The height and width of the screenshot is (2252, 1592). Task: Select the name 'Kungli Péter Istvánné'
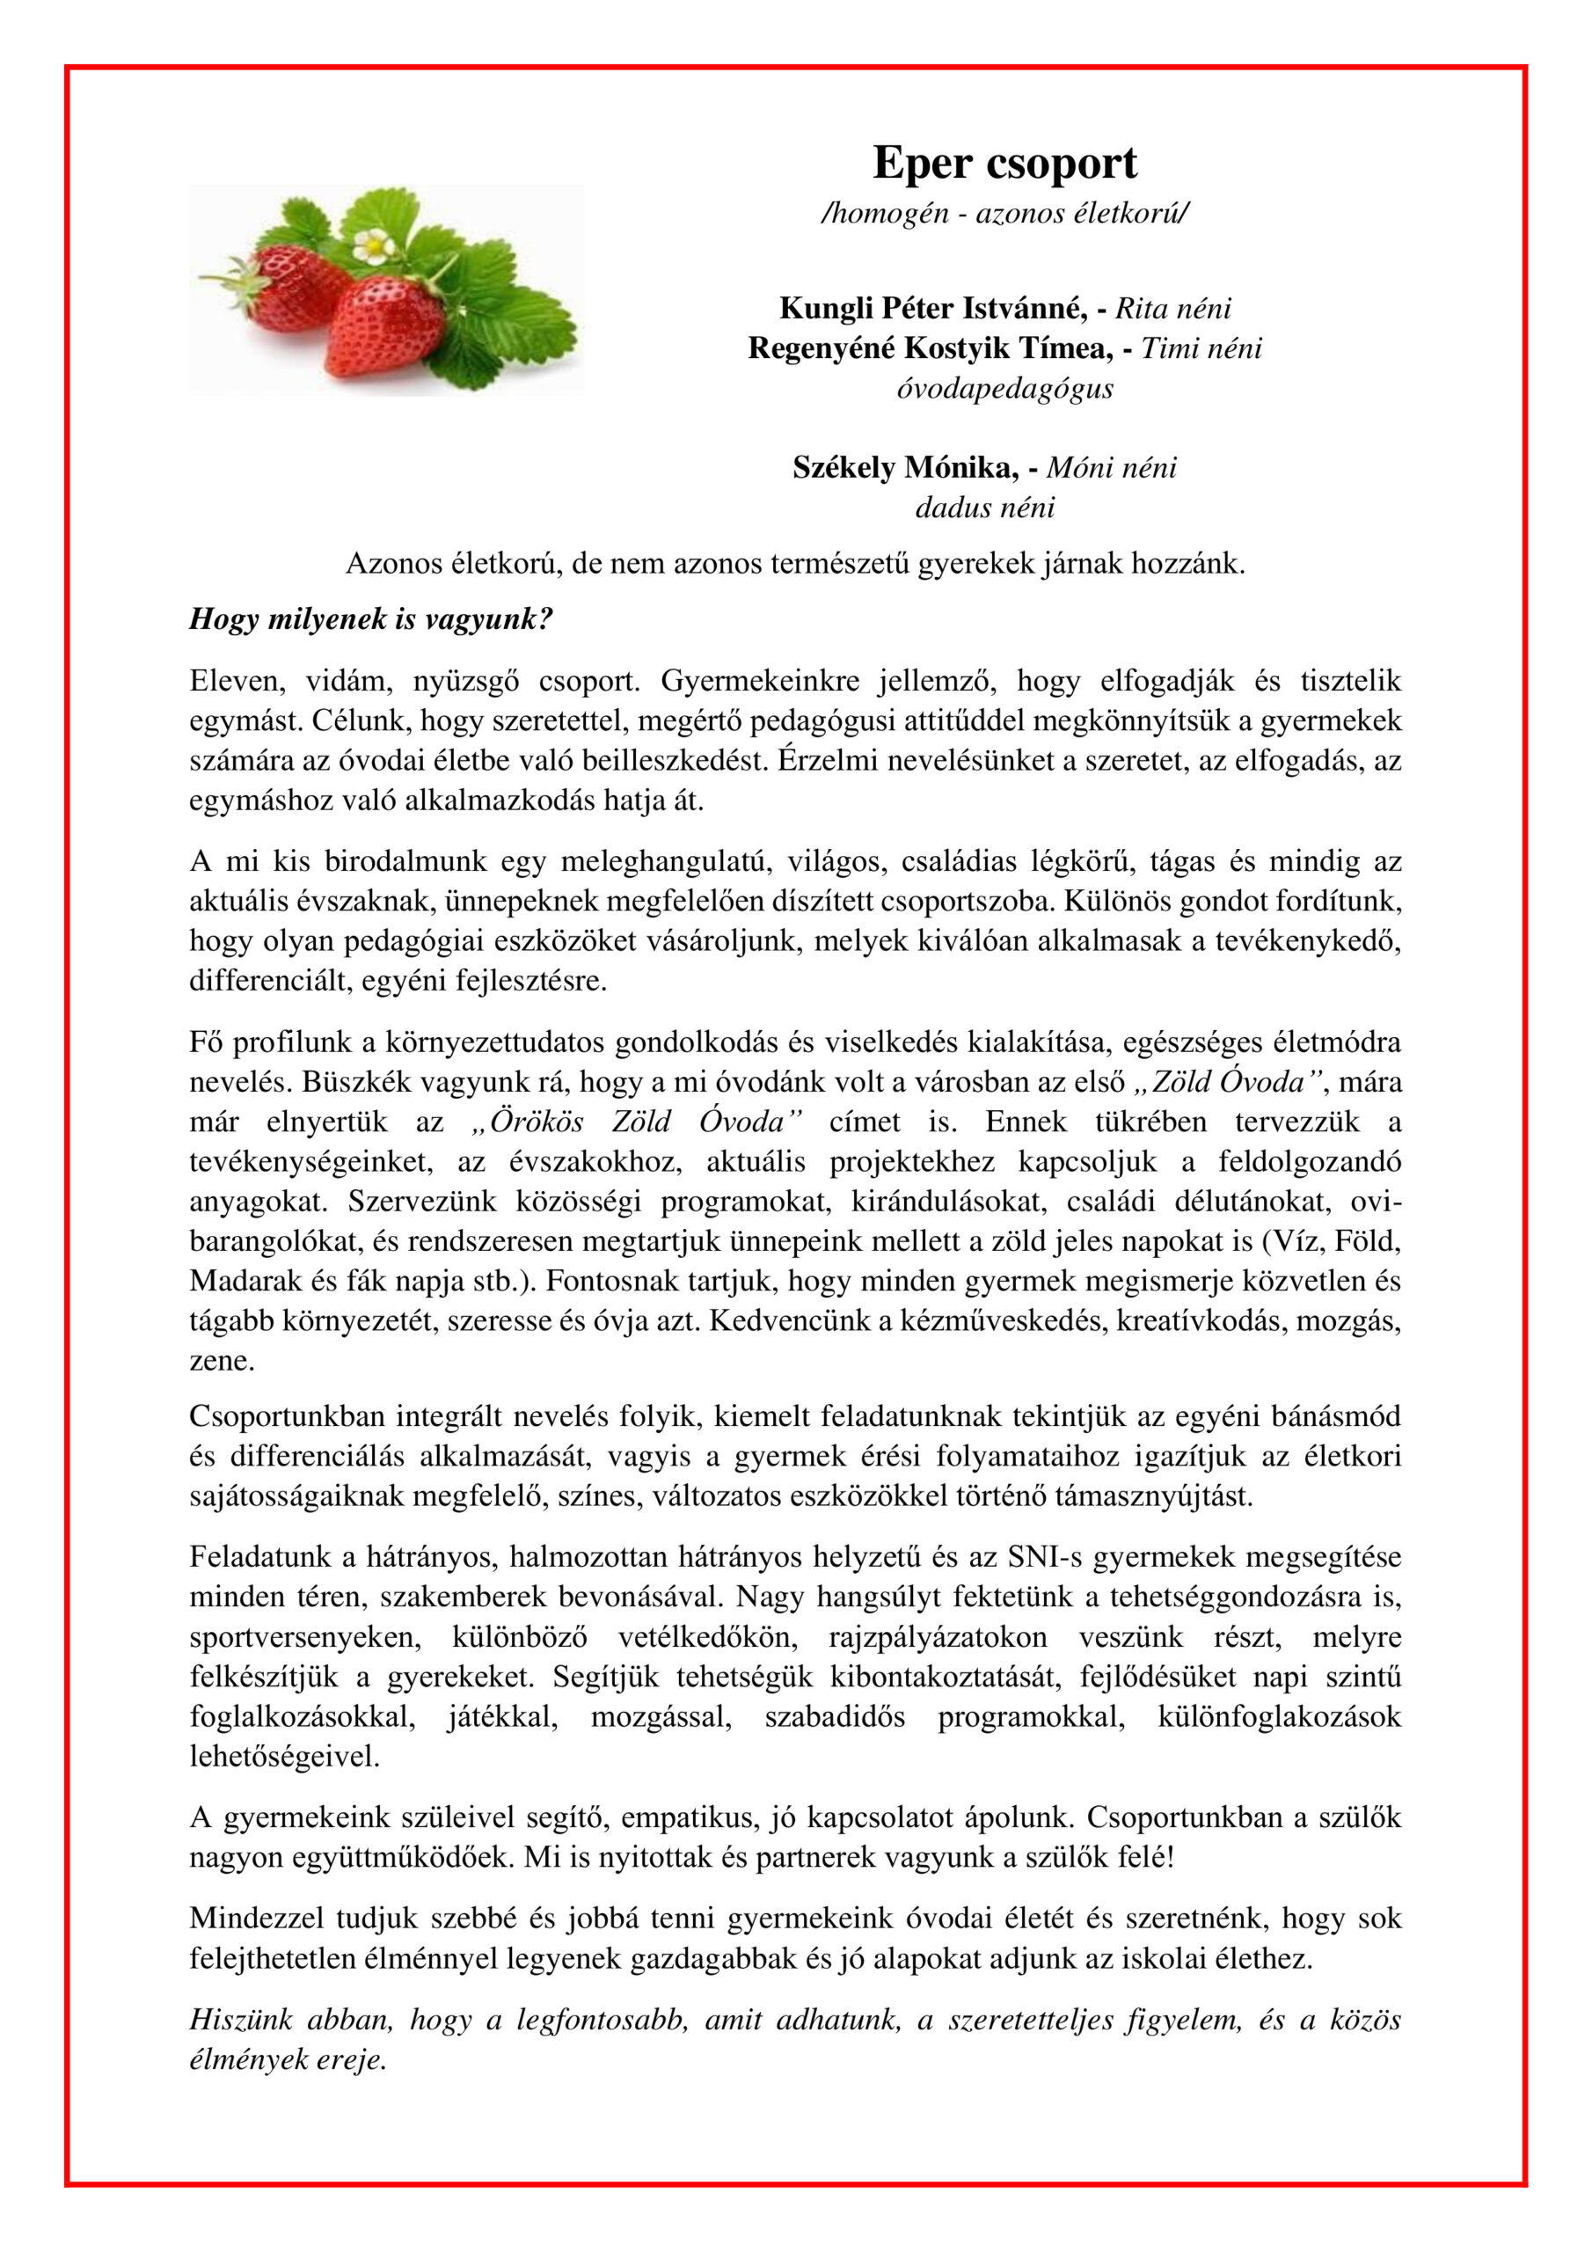click(931, 308)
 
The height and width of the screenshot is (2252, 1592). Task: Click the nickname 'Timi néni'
click(1201, 348)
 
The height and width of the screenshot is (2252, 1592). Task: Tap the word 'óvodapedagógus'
click(1004, 389)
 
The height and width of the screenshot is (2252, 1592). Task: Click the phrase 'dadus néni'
click(985, 508)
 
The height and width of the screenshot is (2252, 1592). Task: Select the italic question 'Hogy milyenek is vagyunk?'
click(371, 620)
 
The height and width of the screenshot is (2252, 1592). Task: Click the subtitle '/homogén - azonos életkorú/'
click(1004, 213)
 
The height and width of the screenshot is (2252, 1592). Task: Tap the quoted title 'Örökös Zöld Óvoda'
click(638, 1121)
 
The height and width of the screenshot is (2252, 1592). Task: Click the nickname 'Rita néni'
click(1173, 308)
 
